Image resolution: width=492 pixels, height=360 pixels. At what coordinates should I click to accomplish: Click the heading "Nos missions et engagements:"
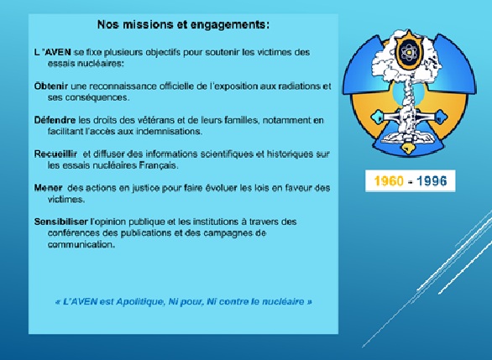183,24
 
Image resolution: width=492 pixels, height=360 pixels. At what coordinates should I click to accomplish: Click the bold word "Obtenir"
51,86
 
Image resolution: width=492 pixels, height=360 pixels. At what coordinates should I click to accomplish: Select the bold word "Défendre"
55,120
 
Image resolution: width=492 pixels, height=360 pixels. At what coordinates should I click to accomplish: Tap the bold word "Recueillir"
55,154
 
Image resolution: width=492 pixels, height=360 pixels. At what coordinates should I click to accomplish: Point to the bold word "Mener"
49,187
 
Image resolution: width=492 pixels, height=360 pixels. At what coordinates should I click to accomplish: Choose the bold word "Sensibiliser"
61,222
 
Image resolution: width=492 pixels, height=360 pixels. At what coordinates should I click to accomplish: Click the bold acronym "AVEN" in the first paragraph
58,52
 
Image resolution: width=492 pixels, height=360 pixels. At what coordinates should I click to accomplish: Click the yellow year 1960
389,181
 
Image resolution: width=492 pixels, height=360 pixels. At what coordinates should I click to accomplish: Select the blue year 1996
432,181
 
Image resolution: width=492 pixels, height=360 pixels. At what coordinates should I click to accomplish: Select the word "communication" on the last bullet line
81,244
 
